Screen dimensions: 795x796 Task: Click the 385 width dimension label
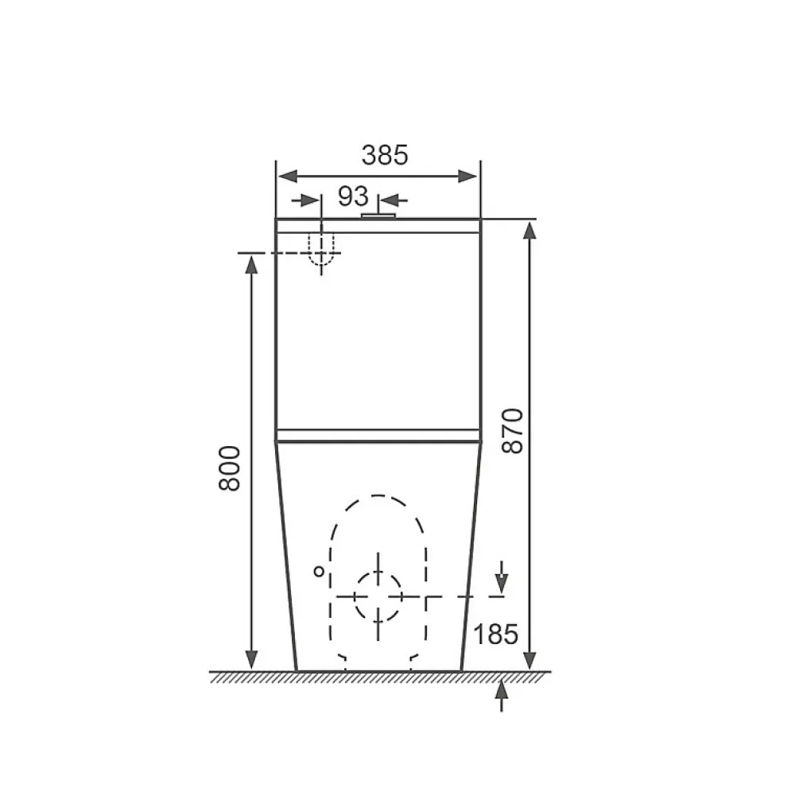(x=384, y=155)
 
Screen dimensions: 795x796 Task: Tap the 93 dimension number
(x=353, y=196)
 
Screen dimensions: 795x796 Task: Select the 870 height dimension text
(x=512, y=430)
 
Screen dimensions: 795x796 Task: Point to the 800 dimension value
(x=230, y=468)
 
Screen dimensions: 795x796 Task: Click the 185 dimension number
(x=495, y=634)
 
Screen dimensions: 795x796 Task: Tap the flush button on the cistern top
(x=378, y=216)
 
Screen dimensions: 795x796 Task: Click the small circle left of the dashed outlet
(x=319, y=572)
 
